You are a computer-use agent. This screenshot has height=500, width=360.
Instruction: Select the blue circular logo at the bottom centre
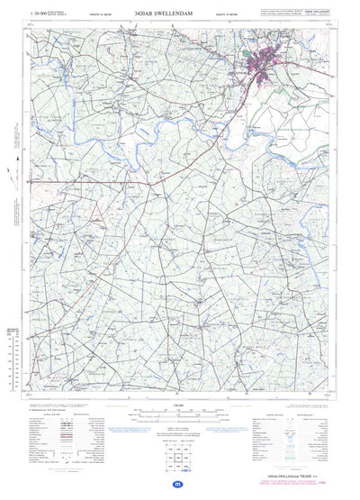[x=180, y=485]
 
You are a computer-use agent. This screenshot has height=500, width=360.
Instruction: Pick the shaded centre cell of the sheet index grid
[x=179, y=454]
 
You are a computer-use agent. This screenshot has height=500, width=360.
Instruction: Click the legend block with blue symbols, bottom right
[x=288, y=432]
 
